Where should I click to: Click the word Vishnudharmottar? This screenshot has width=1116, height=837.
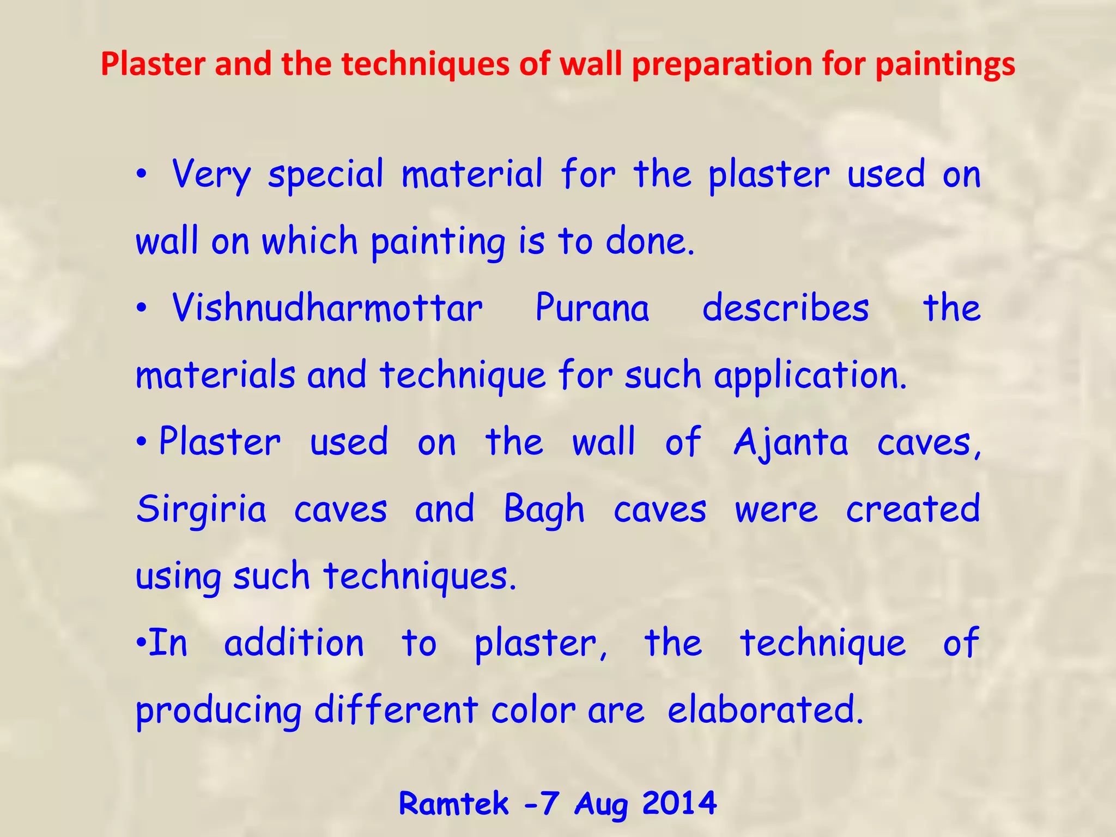pos(327,308)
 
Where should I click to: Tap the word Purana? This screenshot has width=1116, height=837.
pos(592,308)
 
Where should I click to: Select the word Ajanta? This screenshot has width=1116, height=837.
pos(791,442)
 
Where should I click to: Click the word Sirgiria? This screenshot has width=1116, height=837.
pos(202,510)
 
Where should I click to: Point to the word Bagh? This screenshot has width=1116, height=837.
pos(544,510)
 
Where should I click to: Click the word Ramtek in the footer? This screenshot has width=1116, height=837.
pos(453,804)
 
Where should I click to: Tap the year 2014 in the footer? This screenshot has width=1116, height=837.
pos(679,803)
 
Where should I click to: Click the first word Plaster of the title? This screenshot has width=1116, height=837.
pos(153,64)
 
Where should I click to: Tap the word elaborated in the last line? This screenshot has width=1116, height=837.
pos(765,711)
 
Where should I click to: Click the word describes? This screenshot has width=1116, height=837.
pos(785,308)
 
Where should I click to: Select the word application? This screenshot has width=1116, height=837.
pos(810,376)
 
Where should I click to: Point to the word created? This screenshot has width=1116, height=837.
pos(913,510)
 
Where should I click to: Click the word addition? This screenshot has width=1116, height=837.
pos(294,643)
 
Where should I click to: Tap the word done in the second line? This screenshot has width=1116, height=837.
pos(650,241)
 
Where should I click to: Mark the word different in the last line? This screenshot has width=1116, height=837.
pos(396,711)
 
